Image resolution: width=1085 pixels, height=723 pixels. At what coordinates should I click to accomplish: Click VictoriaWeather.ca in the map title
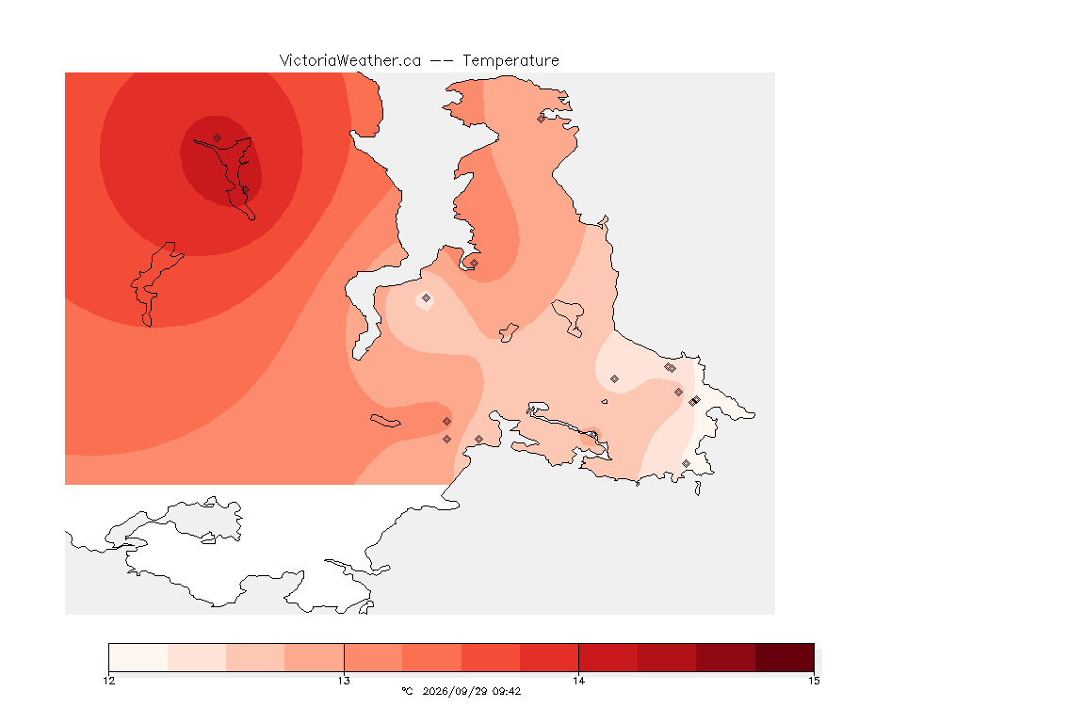(350, 61)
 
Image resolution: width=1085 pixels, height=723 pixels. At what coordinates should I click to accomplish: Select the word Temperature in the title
(510, 61)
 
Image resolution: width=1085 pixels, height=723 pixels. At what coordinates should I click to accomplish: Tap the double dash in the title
(442, 61)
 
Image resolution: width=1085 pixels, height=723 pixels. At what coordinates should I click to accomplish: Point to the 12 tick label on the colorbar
(109, 681)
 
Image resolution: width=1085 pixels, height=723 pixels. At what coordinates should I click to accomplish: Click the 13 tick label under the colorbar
(344, 681)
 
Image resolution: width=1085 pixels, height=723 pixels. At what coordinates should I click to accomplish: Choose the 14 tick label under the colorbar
(578, 681)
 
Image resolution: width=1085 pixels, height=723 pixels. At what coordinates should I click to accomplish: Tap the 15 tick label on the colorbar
(814, 681)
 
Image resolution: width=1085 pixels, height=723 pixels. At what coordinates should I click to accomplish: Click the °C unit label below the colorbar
(407, 691)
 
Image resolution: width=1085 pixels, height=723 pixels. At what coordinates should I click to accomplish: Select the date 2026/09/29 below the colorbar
(455, 691)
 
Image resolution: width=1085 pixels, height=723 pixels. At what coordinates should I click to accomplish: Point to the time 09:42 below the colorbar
(507, 691)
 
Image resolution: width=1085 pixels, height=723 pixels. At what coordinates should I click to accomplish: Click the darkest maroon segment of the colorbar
(785, 657)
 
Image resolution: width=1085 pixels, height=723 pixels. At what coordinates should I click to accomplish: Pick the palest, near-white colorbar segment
(138, 657)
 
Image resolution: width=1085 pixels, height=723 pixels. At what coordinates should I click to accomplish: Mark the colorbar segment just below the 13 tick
(315, 657)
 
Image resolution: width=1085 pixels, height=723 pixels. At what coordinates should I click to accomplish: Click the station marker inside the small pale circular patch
(427, 298)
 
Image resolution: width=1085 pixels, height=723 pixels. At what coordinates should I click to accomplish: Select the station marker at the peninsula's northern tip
(542, 119)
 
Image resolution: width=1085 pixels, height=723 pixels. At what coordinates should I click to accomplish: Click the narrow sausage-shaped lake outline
(385, 421)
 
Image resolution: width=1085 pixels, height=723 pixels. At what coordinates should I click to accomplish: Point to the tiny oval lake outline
(605, 401)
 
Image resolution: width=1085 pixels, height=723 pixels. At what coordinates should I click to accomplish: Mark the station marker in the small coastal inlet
(474, 263)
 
